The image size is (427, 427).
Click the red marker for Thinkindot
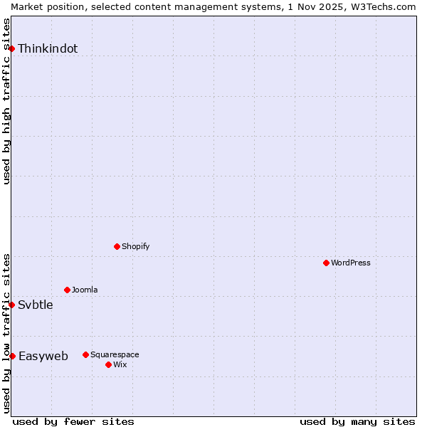coord(12,48)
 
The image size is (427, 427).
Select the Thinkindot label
coord(48,49)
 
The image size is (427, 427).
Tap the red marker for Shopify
coord(117,246)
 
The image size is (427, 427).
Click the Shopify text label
coord(135,246)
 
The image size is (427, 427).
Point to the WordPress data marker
coord(326,263)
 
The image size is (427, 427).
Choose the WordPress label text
coord(350,263)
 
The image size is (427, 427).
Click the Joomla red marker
coord(67,290)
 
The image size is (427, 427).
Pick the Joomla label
coord(85,290)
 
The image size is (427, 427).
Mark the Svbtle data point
coord(12,305)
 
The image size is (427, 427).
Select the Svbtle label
coord(36,305)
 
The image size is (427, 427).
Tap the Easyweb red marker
coord(12,356)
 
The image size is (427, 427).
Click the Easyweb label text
coord(43,357)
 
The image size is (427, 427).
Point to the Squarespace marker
coord(85,354)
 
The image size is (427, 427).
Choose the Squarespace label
coord(115,354)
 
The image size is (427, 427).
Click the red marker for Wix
coord(108,364)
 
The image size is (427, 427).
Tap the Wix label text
coord(120,364)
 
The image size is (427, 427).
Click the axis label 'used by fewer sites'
coord(73,421)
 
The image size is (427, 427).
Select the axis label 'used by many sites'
coord(357,421)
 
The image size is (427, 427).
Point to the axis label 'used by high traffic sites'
coord(6,101)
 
